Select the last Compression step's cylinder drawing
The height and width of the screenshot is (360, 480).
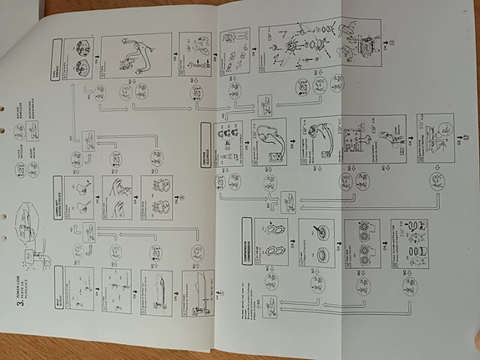(410, 238)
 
